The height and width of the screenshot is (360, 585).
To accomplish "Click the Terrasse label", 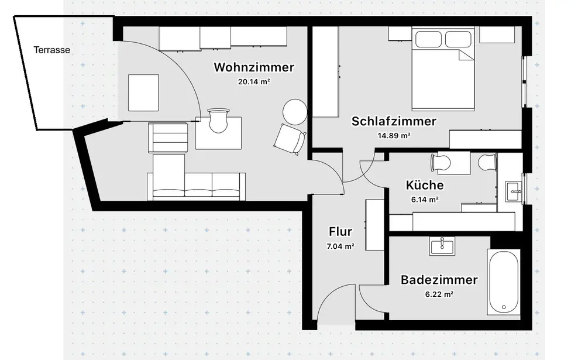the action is [x=51, y=50].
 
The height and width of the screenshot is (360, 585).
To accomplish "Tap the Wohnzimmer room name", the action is [x=254, y=67].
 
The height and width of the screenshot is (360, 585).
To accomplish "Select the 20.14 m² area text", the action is [x=254, y=82].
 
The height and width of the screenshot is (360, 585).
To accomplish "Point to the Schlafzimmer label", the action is [x=394, y=122].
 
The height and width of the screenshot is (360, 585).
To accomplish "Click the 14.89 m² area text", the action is [x=394, y=136].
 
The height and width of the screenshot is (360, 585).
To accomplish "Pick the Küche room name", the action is [x=425, y=186].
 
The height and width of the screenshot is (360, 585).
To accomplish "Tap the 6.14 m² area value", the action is [x=425, y=200].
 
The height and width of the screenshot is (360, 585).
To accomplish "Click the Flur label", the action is [x=340, y=232].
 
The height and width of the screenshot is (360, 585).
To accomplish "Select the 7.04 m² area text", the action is [x=340, y=246].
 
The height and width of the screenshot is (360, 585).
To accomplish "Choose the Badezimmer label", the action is [x=439, y=280].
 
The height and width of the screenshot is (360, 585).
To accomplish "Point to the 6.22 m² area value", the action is [x=439, y=294].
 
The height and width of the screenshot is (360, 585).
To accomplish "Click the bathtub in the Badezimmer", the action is [x=504, y=282].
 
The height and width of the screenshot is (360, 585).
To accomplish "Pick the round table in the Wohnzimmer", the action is [x=294, y=111].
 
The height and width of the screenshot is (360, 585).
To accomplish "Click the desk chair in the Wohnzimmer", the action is [x=218, y=121].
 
